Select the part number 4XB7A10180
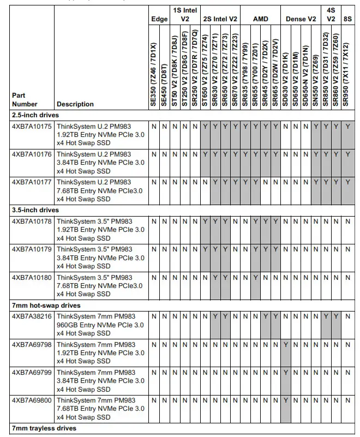point(32,278)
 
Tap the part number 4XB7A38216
point(32,316)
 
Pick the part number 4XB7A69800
point(32,400)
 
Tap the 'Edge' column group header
point(159,19)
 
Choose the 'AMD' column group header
point(261,19)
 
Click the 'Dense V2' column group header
point(301,19)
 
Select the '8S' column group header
point(347,19)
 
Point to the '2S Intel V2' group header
point(220,19)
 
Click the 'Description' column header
point(75,104)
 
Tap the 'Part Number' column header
point(25,100)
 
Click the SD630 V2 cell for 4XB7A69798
point(286,344)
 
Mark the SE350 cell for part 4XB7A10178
point(154,221)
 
